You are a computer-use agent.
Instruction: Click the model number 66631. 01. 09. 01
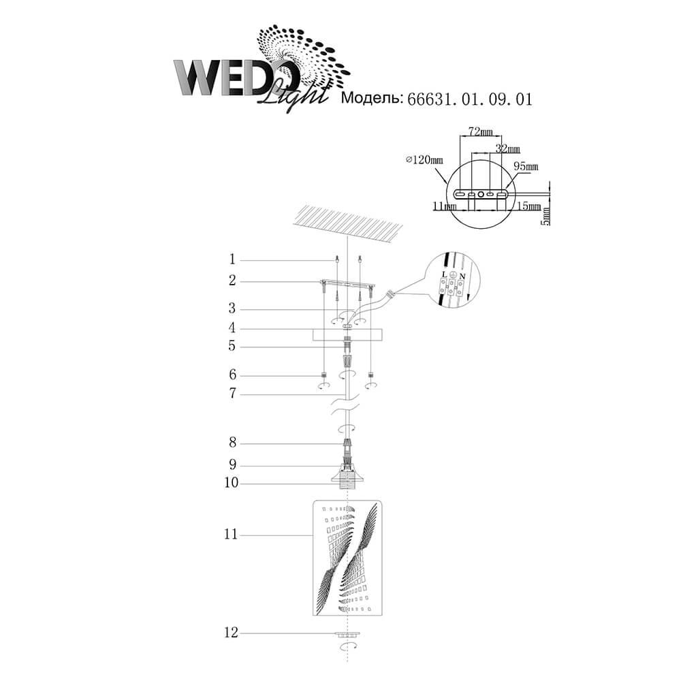click(469, 99)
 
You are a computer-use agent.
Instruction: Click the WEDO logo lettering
click(237, 78)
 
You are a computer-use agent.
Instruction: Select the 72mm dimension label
click(480, 131)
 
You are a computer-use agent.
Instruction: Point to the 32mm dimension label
click(508, 149)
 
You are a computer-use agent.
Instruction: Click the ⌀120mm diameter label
click(424, 160)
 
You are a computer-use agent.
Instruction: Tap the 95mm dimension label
click(526, 166)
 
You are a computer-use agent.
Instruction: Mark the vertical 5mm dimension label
click(546, 215)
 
